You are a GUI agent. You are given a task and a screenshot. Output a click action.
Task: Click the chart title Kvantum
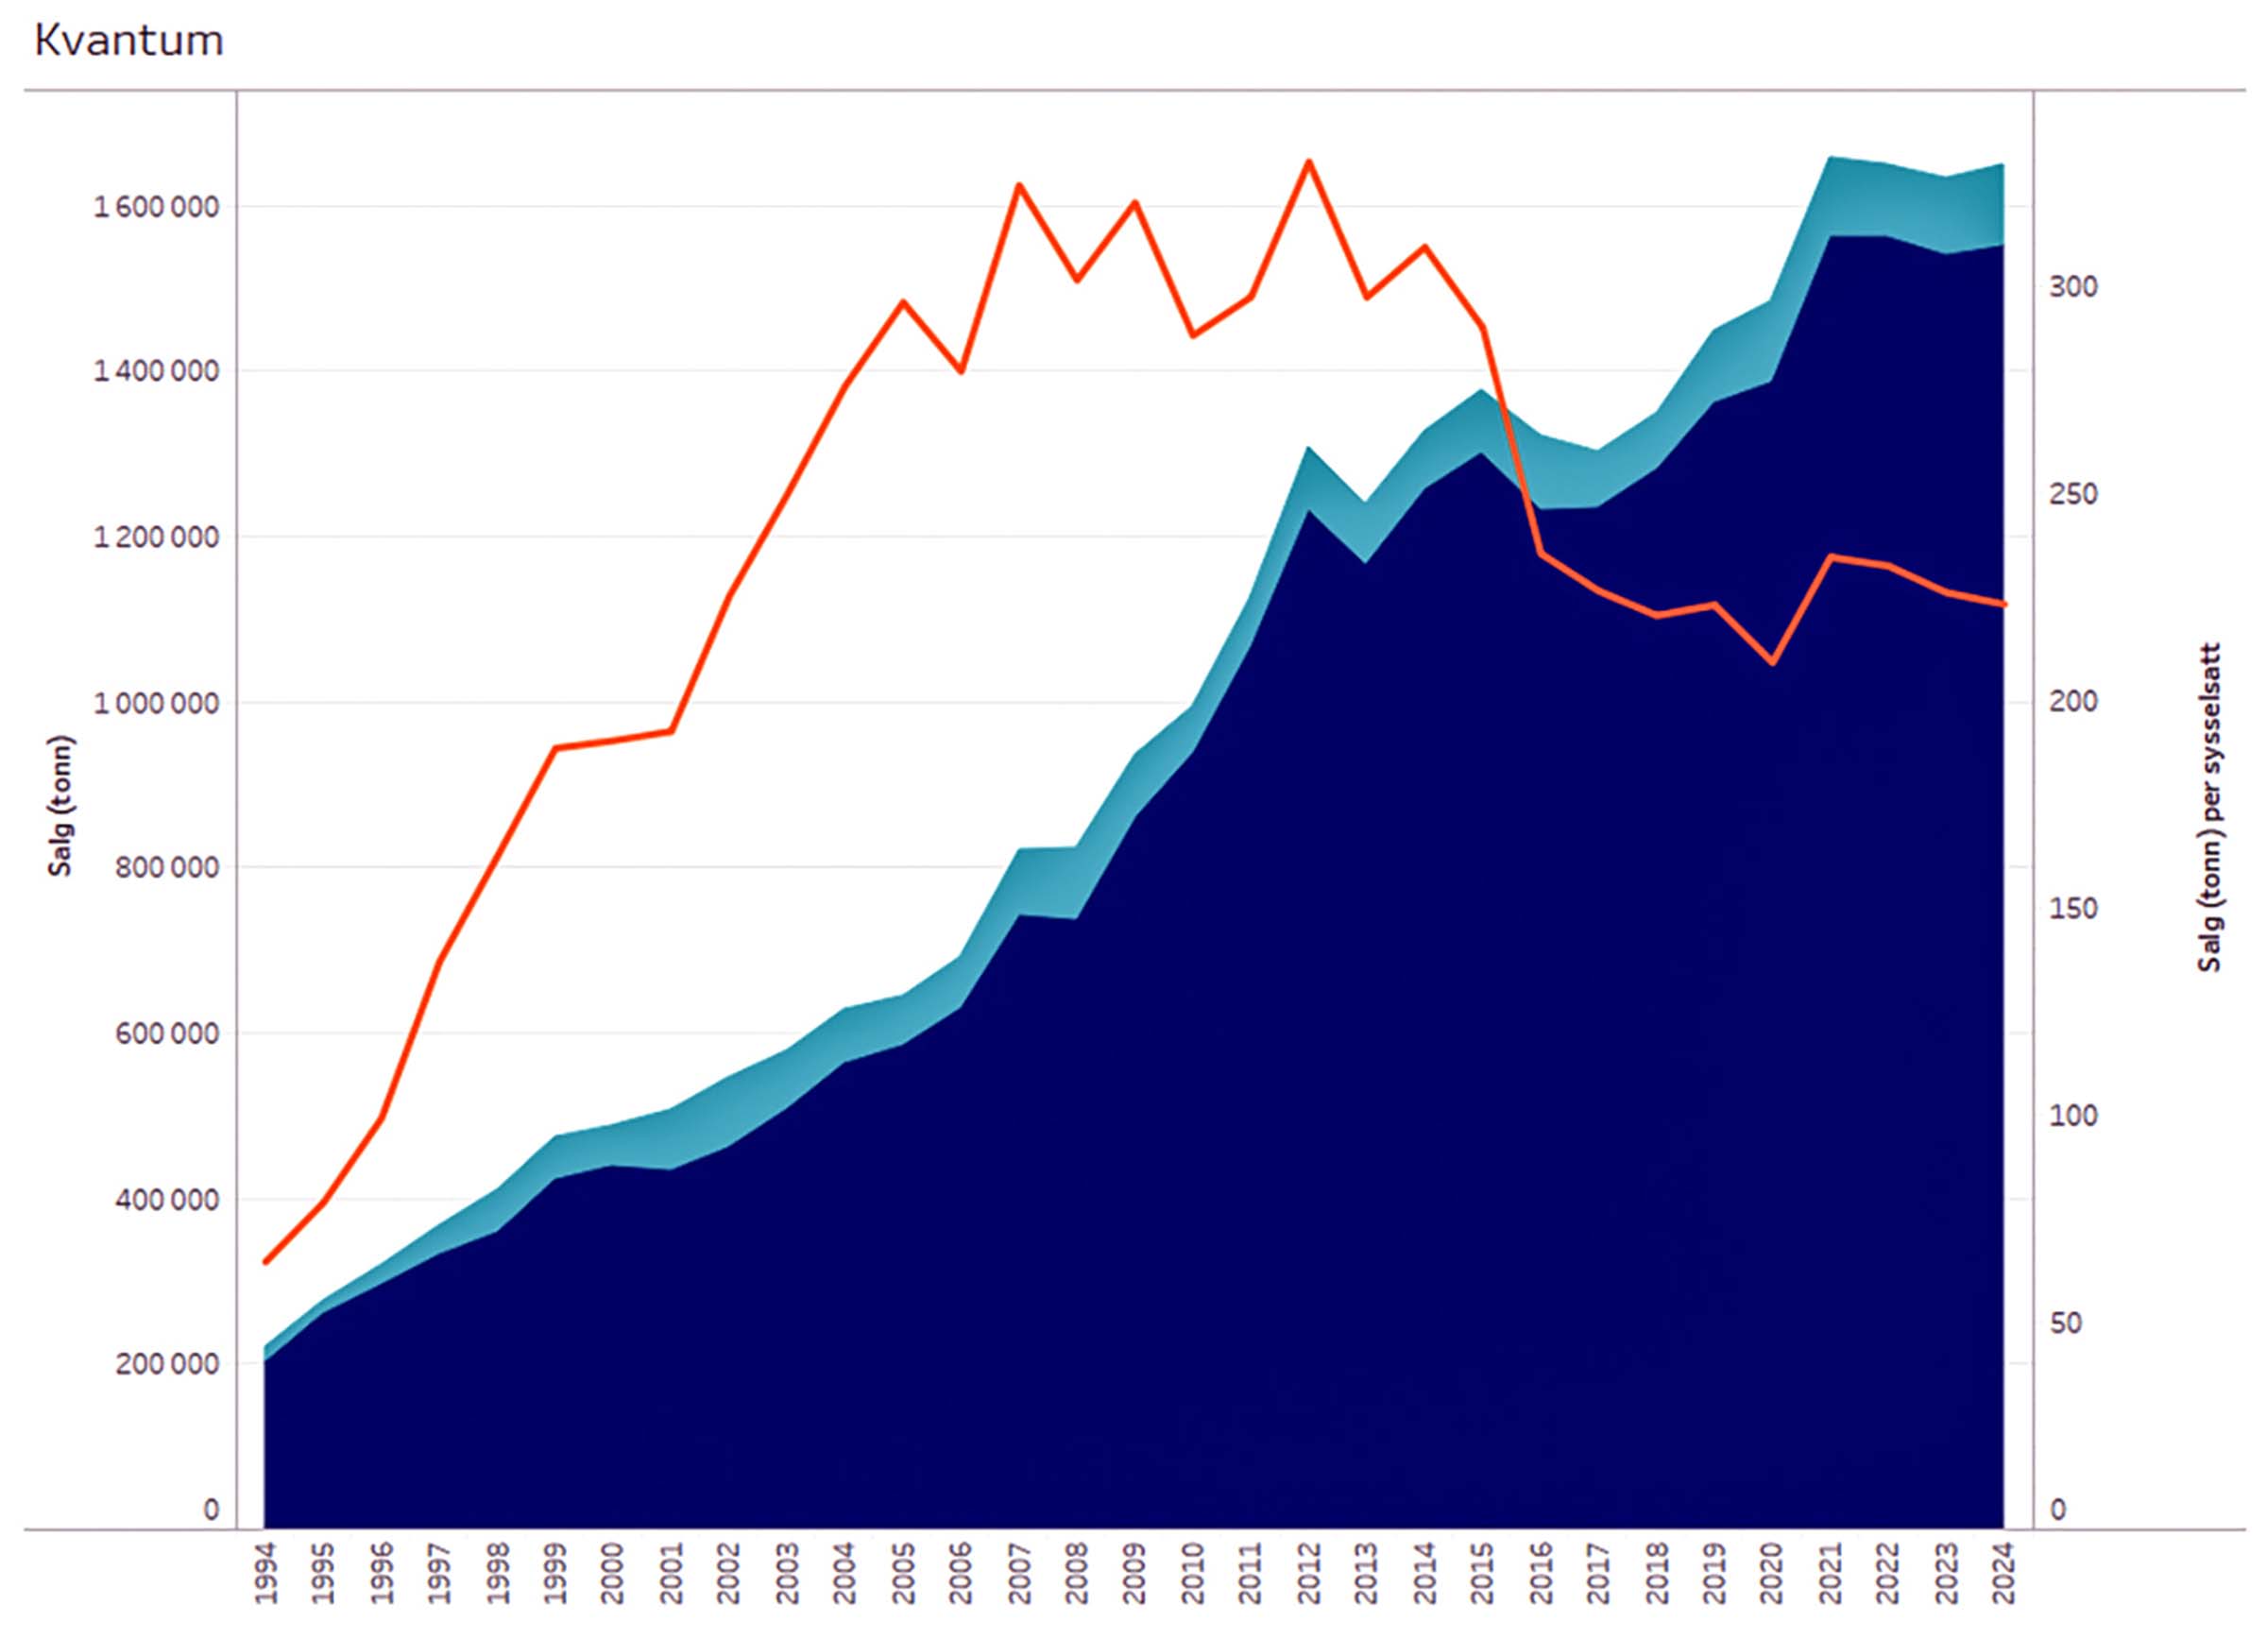click(x=128, y=41)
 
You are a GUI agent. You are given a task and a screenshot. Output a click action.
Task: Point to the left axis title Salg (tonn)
click(x=61, y=806)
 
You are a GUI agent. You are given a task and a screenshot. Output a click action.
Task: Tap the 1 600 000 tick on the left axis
click(x=156, y=208)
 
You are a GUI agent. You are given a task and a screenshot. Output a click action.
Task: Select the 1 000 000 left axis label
click(x=156, y=703)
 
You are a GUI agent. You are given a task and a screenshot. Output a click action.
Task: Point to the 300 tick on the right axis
click(x=2073, y=287)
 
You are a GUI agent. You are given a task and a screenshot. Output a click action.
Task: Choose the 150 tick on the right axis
click(x=2073, y=910)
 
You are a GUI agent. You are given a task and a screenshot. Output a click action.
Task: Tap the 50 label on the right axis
click(x=2065, y=1323)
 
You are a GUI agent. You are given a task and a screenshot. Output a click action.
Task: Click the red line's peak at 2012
click(x=1308, y=161)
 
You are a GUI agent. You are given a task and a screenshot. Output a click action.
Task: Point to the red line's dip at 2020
click(x=1772, y=662)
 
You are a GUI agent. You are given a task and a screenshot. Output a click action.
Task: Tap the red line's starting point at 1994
click(x=265, y=1262)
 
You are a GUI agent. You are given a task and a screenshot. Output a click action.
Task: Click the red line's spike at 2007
click(x=1018, y=185)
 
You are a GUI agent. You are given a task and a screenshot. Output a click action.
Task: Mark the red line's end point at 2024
click(x=2004, y=605)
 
